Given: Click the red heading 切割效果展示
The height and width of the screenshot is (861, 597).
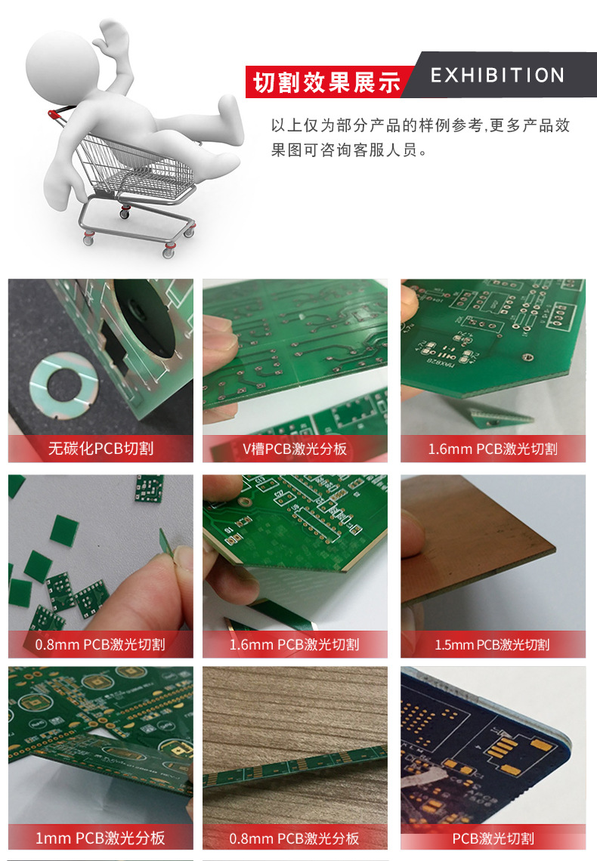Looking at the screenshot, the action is (x=326, y=82).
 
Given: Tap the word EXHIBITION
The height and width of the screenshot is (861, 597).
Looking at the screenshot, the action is (x=497, y=76).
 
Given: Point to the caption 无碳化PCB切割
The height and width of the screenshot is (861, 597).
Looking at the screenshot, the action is (x=101, y=449).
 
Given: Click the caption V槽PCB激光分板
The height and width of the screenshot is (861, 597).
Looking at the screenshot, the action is (x=295, y=449).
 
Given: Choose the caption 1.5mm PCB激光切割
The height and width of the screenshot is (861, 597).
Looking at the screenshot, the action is (x=492, y=645).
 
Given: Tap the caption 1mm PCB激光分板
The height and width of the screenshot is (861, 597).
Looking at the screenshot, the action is (x=100, y=838).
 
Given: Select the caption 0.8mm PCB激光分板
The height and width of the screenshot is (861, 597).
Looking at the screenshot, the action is (x=295, y=838).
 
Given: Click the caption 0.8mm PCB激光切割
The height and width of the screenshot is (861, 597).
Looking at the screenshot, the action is (x=100, y=644).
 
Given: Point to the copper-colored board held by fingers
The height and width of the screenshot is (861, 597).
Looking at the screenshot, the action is (x=484, y=544).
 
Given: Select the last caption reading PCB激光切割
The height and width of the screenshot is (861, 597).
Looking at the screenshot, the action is (x=493, y=838).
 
